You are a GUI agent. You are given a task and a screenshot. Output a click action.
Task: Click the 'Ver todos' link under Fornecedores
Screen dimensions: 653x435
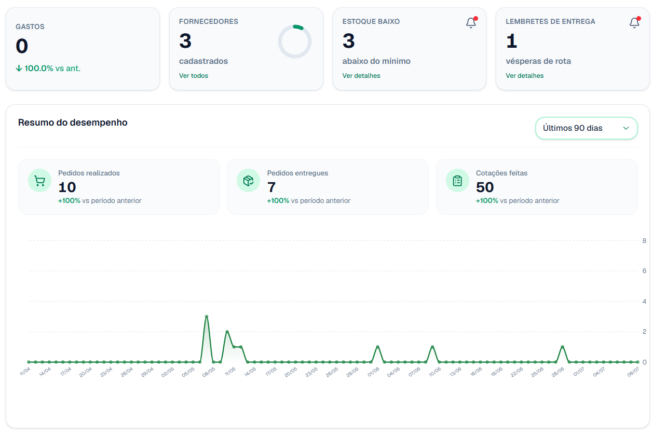(x=193, y=76)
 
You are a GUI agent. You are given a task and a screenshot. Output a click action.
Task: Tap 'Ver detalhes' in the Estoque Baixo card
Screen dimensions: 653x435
(x=361, y=76)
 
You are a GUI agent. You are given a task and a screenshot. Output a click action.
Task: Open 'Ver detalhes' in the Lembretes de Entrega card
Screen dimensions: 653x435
(x=524, y=76)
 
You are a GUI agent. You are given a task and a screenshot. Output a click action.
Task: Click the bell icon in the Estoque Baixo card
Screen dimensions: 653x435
(x=471, y=23)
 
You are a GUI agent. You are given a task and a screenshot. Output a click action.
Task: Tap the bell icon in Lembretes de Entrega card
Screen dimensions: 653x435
(x=634, y=23)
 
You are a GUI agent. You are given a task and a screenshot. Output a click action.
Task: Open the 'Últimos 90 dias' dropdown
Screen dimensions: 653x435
(x=586, y=128)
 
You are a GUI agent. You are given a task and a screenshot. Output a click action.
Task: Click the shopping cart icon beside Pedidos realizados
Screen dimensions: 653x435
(x=39, y=181)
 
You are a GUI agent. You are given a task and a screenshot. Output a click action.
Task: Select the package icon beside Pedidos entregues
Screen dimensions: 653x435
(x=248, y=181)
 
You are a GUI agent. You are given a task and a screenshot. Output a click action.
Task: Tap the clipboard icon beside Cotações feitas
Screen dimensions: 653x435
(x=457, y=181)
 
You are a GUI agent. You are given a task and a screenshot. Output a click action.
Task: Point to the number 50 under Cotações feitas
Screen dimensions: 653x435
(x=485, y=187)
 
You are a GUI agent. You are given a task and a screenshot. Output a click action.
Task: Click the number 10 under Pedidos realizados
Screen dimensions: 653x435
(x=67, y=187)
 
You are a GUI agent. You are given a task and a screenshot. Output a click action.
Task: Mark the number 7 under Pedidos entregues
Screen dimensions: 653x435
(x=271, y=187)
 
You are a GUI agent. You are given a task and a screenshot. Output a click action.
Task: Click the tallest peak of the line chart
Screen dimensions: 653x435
(x=207, y=316)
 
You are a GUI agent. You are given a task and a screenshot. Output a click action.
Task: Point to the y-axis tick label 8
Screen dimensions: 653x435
(x=644, y=241)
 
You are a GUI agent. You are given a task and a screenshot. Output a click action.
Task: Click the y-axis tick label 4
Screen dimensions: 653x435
(x=644, y=302)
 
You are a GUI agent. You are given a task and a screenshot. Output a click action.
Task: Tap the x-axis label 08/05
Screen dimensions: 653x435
(x=209, y=372)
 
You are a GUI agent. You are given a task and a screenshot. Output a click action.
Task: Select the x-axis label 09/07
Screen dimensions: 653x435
(x=633, y=372)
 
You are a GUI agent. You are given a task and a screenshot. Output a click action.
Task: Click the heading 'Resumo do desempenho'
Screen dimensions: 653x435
(x=73, y=123)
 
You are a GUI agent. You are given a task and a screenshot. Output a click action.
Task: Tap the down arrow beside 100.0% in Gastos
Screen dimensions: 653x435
(x=19, y=68)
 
